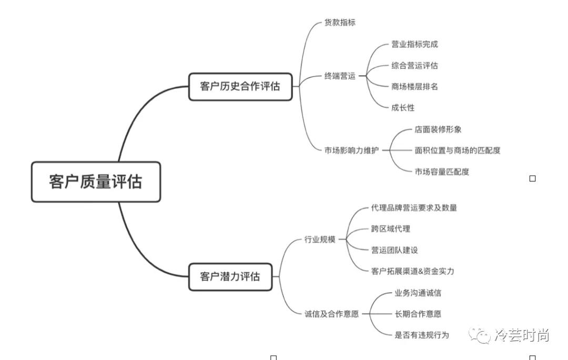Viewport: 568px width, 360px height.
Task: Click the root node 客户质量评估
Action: point(96,182)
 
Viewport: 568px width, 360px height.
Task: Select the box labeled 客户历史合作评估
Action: point(240,87)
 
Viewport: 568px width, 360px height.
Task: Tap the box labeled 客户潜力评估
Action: point(230,276)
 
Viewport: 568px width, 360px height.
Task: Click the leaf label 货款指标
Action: point(340,23)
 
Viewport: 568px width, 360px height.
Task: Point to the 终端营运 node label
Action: point(340,76)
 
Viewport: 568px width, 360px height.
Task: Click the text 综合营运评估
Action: point(414,66)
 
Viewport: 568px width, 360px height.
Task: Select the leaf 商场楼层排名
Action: point(414,87)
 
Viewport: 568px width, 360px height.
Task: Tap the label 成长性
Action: point(403,108)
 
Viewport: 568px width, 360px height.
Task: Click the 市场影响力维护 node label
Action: point(351,150)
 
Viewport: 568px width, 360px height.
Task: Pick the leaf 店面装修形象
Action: point(438,129)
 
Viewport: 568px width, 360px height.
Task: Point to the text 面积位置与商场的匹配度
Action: point(458,150)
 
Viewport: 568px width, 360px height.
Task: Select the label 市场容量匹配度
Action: point(442,171)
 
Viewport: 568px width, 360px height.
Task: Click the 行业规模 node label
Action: point(320,240)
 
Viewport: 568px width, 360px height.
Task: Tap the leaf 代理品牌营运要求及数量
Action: point(414,208)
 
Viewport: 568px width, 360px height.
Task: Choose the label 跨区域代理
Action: point(390,229)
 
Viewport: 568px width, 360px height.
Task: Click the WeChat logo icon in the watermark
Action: point(480,335)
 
